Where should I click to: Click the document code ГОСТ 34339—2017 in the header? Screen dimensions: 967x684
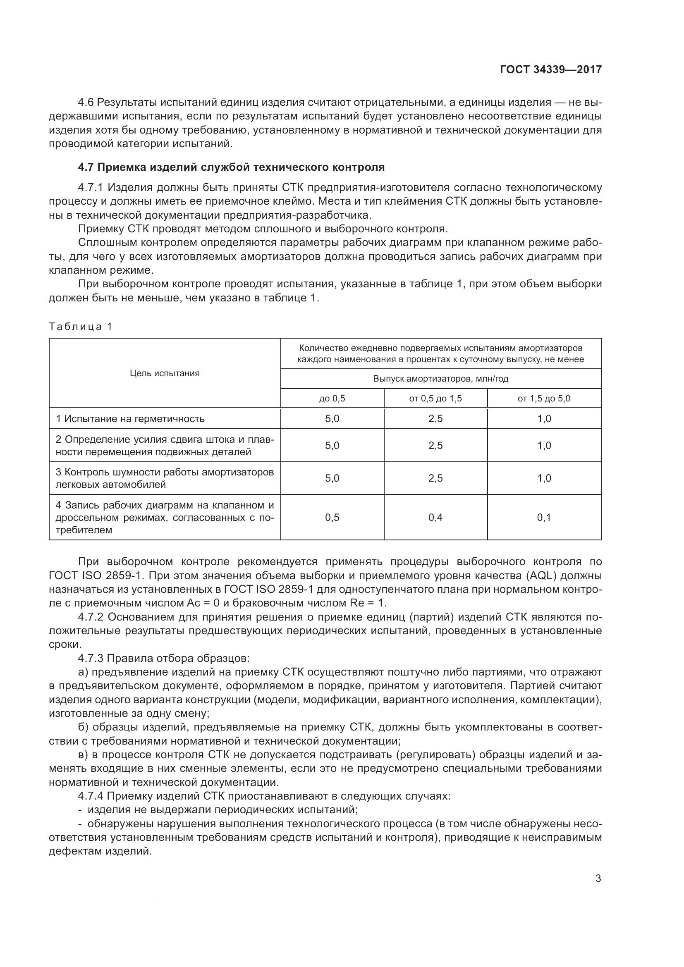(x=550, y=70)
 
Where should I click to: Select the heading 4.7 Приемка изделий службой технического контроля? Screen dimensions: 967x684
(x=231, y=167)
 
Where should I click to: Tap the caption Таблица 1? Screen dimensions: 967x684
(x=81, y=327)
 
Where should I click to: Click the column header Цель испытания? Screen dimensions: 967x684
(x=165, y=373)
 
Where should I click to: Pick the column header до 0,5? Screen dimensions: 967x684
(x=332, y=399)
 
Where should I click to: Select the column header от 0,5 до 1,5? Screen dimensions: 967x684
(x=435, y=399)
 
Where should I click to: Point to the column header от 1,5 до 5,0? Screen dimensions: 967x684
(x=544, y=399)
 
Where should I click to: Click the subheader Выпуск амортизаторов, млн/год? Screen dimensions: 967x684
(x=440, y=379)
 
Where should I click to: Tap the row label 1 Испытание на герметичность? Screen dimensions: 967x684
(x=130, y=419)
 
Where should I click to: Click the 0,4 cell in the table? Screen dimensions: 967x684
(x=435, y=517)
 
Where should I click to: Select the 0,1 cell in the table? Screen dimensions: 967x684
(x=544, y=517)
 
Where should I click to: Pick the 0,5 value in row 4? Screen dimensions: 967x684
(x=332, y=517)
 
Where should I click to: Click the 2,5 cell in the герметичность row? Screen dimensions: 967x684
(x=435, y=419)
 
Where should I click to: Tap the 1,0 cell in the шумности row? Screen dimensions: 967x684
(x=544, y=478)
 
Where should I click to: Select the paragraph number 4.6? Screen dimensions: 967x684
(x=86, y=103)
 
